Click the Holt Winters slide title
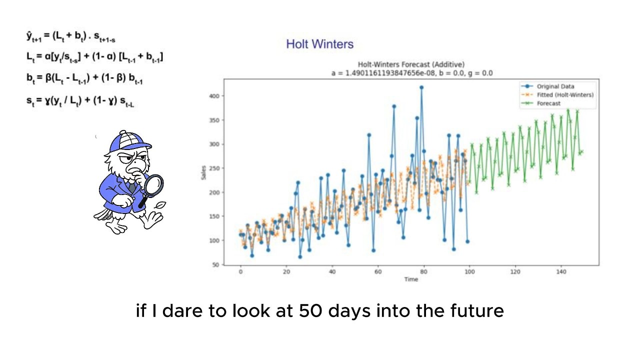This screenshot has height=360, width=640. pyautogui.click(x=319, y=44)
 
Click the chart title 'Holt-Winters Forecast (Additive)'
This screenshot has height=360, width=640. pyautogui.click(x=411, y=64)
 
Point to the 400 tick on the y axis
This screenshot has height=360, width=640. pyautogui.click(x=215, y=96)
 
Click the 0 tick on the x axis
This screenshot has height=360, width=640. pyautogui.click(x=240, y=272)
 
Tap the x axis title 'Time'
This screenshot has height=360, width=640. pyautogui.click(x=411, y=279)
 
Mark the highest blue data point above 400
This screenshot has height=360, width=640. pyautogui.click(x=421, y=87)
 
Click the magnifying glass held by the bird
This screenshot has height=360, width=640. pyautogui.click(x=154, y=184)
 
